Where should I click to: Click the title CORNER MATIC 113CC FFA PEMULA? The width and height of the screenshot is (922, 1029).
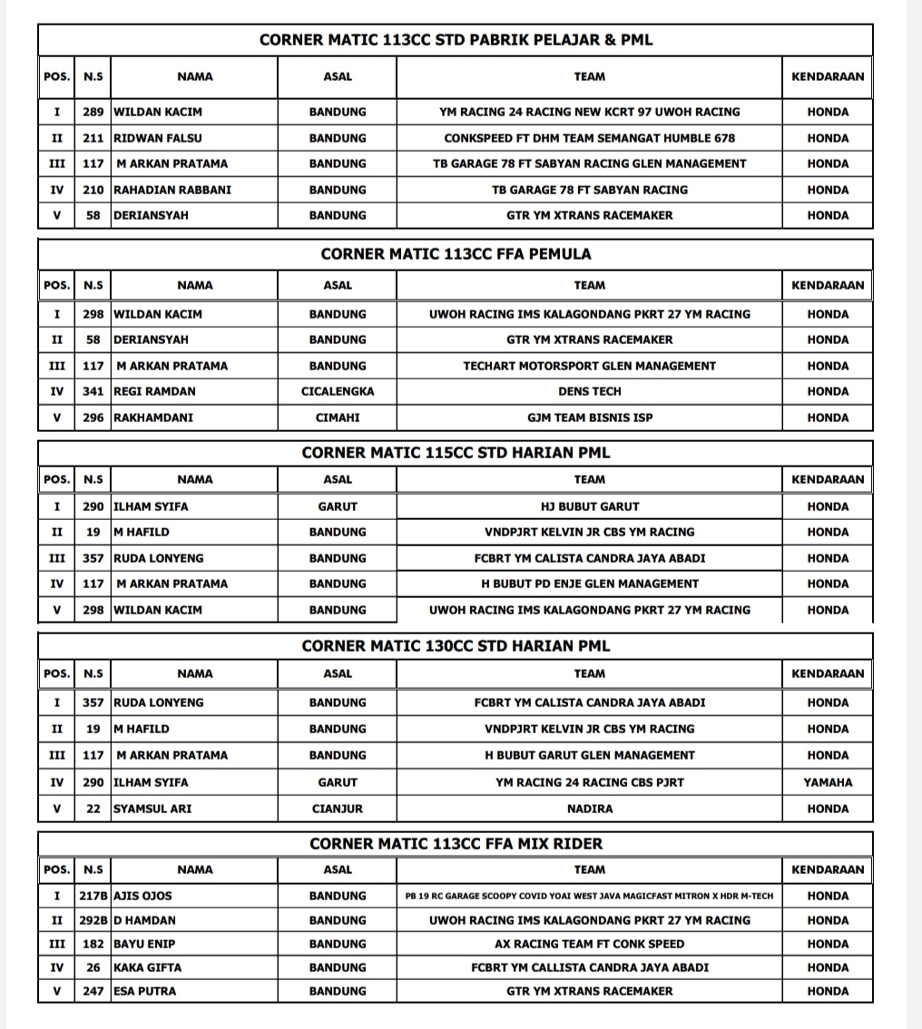tap(456, 254)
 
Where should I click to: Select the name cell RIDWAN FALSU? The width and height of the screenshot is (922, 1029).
tap(158, 138)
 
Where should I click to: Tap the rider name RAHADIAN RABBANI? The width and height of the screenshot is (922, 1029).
tap(172, 190)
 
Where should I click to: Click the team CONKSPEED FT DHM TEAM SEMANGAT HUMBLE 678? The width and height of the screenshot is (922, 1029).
tap(589, 138)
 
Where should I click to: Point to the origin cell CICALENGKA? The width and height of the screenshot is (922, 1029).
tap(338, 391)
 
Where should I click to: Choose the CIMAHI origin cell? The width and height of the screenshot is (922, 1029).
tap(338, 417)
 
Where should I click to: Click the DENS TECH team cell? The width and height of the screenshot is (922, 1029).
tap(589, 391)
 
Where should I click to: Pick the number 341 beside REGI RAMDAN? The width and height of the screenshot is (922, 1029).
tap(93, 391)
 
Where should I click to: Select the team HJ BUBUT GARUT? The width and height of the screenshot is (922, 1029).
tap(589, 506)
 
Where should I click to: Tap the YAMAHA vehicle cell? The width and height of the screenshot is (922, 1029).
tap(828, 781)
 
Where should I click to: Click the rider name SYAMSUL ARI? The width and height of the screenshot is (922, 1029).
tap(152, 808)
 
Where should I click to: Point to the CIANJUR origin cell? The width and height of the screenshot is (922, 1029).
tap(338, 808)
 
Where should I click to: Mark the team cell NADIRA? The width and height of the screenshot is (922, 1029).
tap(589, 808)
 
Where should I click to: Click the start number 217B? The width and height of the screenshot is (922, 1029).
tap(93, 896)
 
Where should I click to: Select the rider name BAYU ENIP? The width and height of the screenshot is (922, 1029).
tap(144, 944)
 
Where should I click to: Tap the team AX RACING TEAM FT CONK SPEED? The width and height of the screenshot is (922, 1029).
tap(589, 944)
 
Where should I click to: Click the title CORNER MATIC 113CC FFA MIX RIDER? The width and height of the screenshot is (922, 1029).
tap(456, 844)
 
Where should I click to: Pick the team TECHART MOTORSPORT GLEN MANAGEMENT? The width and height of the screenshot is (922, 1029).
tap(589, 366)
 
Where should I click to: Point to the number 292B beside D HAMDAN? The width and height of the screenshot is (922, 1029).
tap(93, 920)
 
